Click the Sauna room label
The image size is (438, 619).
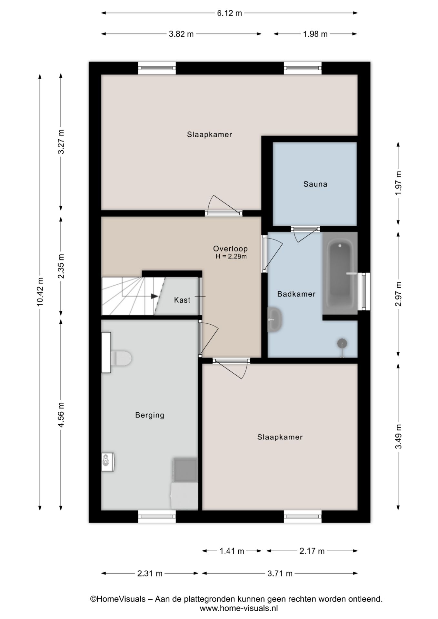click(315, 184)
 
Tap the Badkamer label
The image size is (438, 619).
click(296, 294)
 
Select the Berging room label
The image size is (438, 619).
click(150, 415)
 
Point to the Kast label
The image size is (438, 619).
click(182, 300)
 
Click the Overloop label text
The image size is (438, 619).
click(230, 249)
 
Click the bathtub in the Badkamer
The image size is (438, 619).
click(340, 273)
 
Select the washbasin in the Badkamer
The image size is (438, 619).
click(275, 319)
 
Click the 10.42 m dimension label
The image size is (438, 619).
click(40, 292)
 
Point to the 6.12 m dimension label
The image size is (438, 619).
click(229, 13)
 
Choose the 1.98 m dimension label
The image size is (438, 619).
click(315, 34)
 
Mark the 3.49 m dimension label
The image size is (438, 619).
click(399, 437)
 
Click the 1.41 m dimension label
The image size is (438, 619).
click(232, 551)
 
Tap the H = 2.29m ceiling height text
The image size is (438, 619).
click(231, 257)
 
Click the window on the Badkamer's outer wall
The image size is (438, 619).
click(366, 291)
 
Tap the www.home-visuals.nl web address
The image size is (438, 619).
click(239, 608)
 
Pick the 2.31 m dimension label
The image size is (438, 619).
click(150, 574)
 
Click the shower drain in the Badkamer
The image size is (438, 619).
click(342, 343)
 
